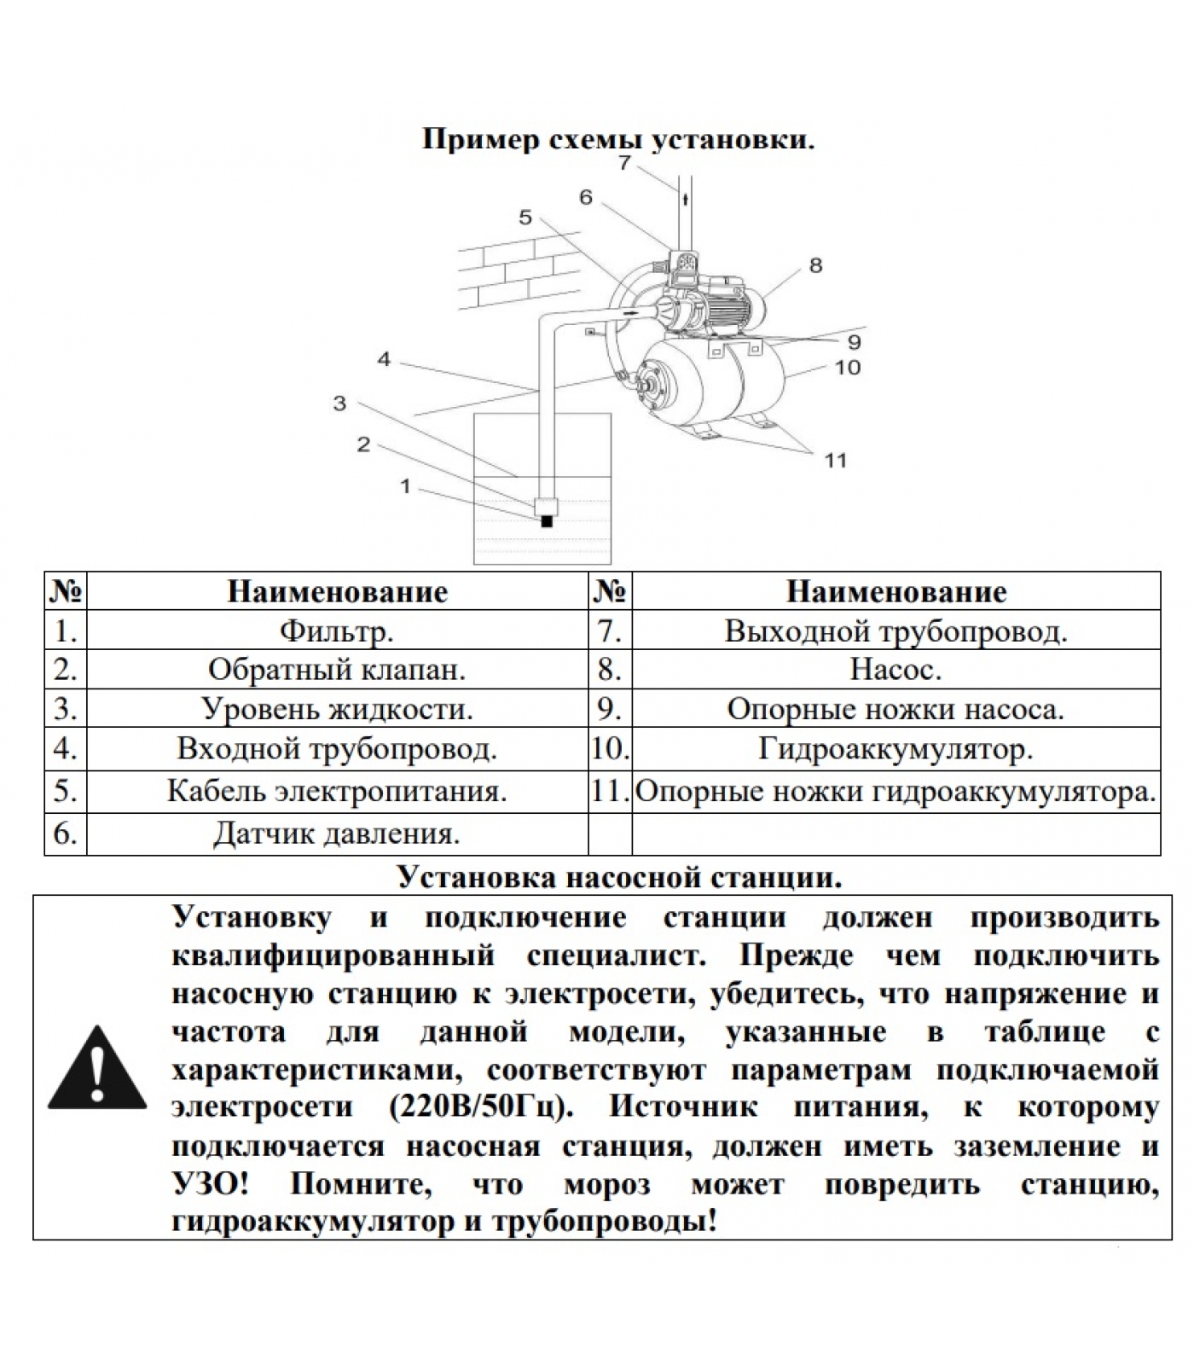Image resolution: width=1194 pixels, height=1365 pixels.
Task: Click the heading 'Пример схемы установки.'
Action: (618, 140)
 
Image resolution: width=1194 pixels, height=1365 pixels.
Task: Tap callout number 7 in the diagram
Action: (625, 162)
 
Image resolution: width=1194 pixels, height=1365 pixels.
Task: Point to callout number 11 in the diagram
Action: (835, 461)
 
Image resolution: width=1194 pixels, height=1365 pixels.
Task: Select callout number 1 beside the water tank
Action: (406, 486)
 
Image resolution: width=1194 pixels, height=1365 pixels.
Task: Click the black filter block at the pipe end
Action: (547, 521)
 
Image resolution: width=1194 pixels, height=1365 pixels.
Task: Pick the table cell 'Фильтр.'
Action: (336, 631)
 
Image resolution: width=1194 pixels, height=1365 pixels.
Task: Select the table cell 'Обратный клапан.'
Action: (336, 670)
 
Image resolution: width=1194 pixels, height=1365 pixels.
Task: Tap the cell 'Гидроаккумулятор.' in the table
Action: (895, 749)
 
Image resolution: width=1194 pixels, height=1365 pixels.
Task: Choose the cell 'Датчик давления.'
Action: (336, 834)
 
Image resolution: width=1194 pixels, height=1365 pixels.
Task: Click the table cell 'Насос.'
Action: (895, 670)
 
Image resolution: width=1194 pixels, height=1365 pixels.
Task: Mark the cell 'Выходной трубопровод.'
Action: (895, 631)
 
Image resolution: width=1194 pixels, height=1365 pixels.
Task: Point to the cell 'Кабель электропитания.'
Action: (336, 791)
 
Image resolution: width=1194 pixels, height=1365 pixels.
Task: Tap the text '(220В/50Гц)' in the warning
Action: (480, 1107)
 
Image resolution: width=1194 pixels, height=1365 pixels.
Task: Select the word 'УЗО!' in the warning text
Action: (211, 1184)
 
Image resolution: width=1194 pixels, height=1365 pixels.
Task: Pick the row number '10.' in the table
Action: (610, 749)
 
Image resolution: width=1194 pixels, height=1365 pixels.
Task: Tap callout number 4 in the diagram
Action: (384, 360)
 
